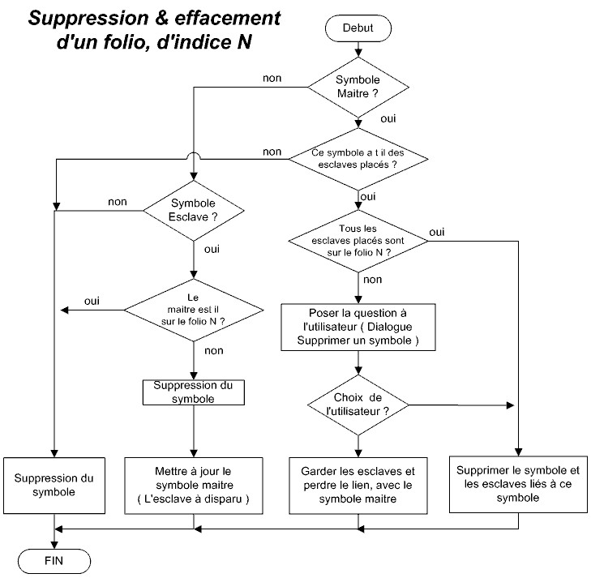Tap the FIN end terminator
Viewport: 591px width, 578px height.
54,560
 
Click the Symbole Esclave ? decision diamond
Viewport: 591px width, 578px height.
193,212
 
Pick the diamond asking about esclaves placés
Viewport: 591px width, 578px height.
358,158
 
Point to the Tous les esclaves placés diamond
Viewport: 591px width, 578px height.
358,240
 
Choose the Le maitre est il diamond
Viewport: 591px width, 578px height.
193,309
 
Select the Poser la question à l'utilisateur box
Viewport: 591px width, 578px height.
358,328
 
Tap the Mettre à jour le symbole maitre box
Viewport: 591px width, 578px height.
194,486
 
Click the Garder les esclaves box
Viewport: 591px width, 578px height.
358,486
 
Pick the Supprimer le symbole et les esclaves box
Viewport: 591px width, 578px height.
519,486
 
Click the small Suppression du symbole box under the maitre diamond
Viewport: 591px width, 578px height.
193,392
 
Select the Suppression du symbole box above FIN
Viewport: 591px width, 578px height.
54,486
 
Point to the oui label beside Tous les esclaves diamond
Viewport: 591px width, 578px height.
437,232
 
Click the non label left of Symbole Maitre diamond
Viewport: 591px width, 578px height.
272,78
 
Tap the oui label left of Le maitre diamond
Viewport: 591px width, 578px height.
92,301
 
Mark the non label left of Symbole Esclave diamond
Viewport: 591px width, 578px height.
116,201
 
